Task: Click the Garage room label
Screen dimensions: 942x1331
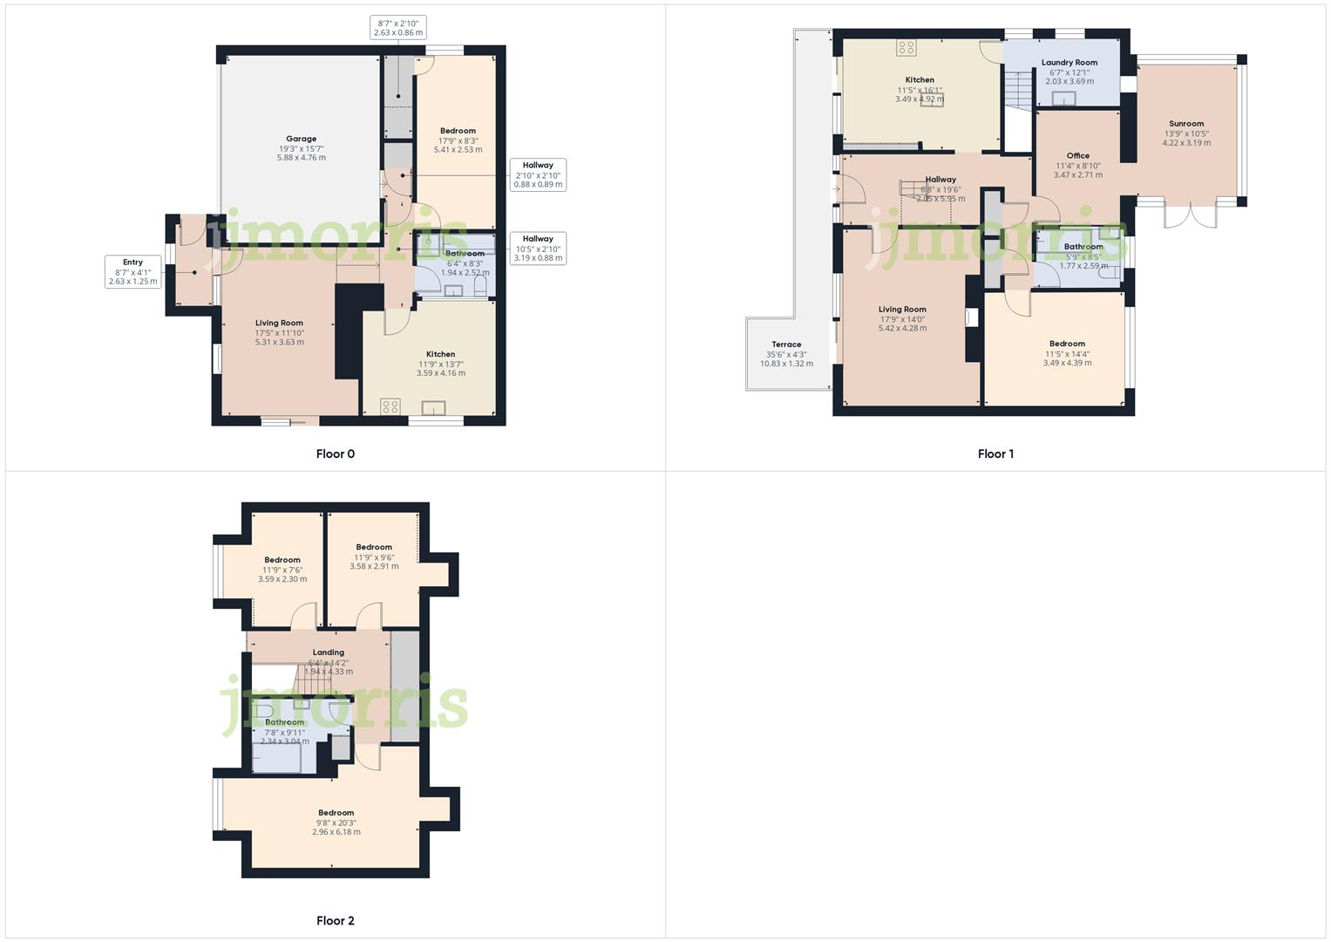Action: tap(302, 139)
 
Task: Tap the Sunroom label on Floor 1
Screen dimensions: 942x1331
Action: tap(1186, 124)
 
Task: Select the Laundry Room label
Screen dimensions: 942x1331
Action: tap(1069, 63)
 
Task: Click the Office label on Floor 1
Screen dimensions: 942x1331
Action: tap(1078, 156)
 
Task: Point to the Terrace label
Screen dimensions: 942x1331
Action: tap(786, 345)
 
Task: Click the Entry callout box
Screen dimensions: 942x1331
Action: tap(132, 271)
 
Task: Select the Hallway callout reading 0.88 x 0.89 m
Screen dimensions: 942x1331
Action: tap(538, 174)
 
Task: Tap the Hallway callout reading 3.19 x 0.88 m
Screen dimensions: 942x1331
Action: tap(538, 248)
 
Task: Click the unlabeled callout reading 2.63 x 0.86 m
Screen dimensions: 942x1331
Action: tap(397, 28)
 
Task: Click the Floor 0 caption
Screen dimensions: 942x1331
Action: tap(335, 454)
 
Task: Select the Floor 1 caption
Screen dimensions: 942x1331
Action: tap(995, 454)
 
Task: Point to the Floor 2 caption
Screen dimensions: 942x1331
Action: tap(335, 921)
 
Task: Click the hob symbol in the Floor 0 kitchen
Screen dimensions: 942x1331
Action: tap(390, 406)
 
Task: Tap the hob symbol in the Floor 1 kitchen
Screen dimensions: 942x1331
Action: tap(907, 49)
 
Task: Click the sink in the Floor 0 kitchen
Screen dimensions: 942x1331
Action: tap(433, 407)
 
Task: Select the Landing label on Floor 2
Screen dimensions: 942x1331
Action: tap(329, 652)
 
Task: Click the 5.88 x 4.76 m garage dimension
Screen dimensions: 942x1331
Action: tap(302, 158)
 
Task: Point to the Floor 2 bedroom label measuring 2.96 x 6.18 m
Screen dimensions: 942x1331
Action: tap(336, 813)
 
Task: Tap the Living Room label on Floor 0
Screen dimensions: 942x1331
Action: tap(279, 323)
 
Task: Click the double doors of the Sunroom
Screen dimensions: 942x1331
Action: tap(1191, 214)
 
